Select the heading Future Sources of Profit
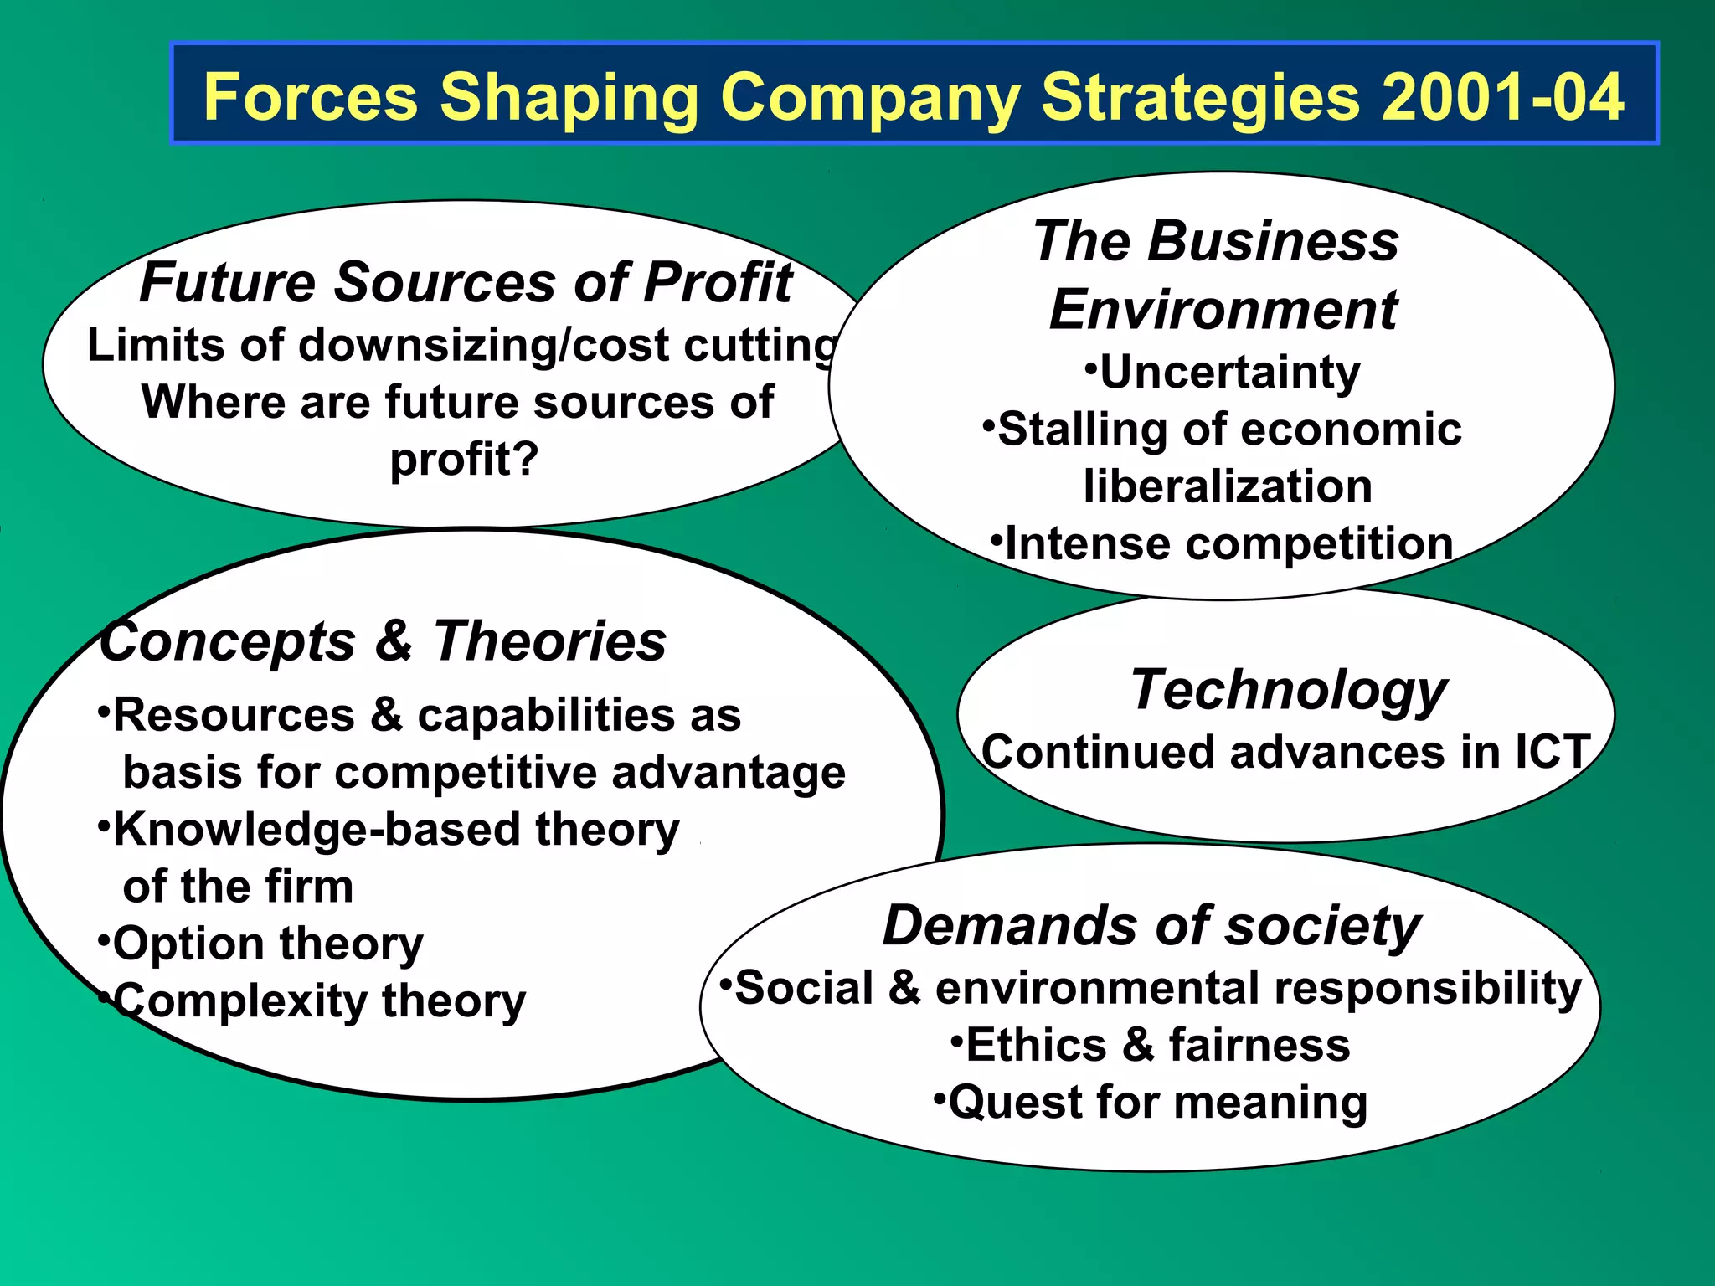click(x=465, y=282)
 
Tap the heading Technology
click(x=1288, y=691)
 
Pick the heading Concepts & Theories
click(x=384, y=642)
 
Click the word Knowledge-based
click(x=320, y=831)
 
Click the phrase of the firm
click(x=238, y=887)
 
